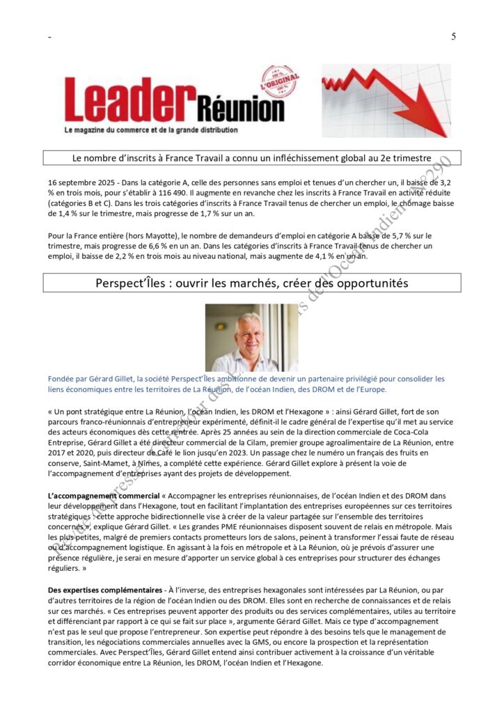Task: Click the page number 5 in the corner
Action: click(x=453, y=37)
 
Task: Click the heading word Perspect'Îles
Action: click(x=132, y=283)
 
